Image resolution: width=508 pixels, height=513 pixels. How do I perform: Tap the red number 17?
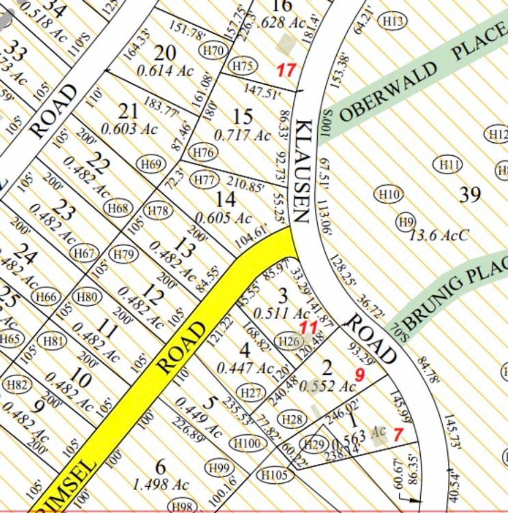point(286,70)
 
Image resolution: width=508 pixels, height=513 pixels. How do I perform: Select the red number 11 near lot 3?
point(308,327)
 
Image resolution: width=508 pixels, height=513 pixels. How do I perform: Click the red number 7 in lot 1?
point(397,435)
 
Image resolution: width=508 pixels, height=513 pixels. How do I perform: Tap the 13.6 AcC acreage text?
point(438,235)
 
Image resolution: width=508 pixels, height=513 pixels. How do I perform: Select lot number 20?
point(165,53)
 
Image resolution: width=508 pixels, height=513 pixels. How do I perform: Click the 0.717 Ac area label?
point(243,135)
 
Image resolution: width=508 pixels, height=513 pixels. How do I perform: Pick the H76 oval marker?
point(204,153)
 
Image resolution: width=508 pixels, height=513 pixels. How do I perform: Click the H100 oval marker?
point(247,444)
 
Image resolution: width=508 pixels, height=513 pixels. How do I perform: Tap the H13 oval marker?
point(392,21)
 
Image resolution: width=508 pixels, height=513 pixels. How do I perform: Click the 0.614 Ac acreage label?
point(165,71)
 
